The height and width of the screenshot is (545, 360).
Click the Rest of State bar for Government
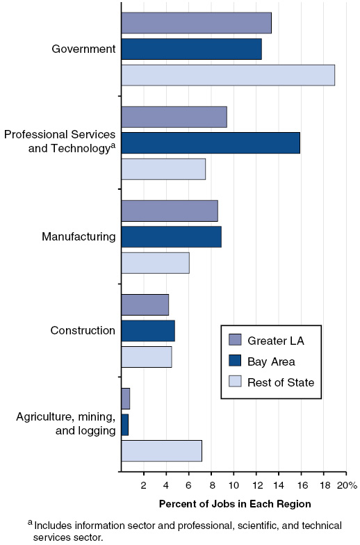228,75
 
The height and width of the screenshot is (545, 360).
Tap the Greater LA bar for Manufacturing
170,211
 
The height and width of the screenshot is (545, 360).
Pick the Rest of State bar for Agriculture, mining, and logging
161,450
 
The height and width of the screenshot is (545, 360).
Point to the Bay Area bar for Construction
148,331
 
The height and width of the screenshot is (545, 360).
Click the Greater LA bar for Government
196,23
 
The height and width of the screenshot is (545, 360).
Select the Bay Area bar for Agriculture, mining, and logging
125,425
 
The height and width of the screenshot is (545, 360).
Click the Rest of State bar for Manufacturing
155,263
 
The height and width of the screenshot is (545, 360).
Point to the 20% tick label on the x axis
347,485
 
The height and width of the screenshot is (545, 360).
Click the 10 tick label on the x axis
234,485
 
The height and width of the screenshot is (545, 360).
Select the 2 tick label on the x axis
144,485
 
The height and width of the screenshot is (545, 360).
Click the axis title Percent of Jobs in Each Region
235,503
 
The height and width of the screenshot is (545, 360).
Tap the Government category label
83,49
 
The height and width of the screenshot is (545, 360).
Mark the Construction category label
83,330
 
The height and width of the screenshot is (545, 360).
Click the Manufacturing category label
79,237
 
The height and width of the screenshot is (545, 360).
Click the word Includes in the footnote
54,526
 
